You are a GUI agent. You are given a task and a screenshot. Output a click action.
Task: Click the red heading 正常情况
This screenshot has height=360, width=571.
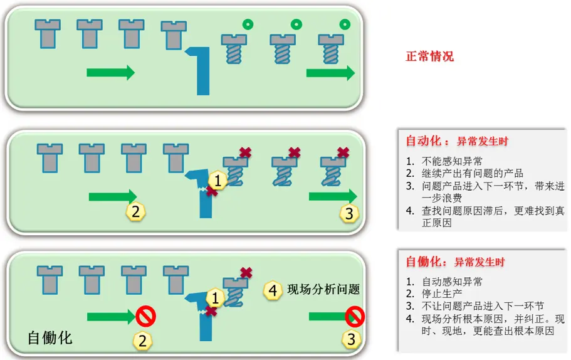click(x=429, y=56)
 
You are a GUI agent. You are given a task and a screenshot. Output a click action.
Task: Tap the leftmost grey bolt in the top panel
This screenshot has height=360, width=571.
click(x=48, y=33)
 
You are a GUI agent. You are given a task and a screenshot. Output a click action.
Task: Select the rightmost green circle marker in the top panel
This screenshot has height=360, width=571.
click(x=344, y=24)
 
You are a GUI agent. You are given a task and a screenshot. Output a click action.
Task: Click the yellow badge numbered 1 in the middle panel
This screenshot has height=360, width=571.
click(x=217, y=181)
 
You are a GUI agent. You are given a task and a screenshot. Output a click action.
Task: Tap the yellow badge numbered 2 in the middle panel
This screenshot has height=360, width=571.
click(x=135, y=211)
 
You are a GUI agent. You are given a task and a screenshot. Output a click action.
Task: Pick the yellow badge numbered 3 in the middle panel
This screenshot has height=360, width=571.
click(x=350, y=213)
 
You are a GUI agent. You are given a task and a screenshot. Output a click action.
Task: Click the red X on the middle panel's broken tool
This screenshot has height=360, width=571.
click(x=212, y=192)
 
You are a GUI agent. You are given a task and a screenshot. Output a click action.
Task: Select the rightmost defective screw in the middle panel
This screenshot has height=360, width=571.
click(x=330, y=169)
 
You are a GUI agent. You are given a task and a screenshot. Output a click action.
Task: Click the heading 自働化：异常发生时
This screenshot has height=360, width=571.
click(x=446, y=262)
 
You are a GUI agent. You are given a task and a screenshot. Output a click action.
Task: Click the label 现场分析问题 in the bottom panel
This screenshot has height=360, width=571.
click(x=323, y=290)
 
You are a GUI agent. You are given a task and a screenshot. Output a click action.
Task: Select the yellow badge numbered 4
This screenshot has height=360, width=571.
click(x=273, y=290)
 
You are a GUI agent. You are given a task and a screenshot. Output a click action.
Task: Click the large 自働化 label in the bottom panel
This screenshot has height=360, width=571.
click(x=50, y=338)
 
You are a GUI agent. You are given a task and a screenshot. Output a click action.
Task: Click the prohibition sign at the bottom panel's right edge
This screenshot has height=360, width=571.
click(x=355, y=315)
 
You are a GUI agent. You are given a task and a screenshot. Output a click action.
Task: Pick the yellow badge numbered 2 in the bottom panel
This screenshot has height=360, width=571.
click(x=143, y=341)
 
